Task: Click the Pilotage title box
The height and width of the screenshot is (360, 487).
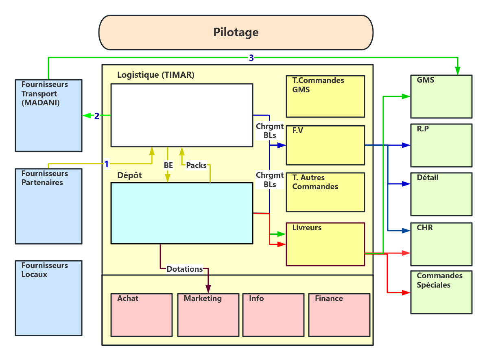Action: point(236,33)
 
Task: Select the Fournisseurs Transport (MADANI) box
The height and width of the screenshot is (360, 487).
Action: point(48,116)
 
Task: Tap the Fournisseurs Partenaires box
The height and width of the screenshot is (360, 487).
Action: point(48,206)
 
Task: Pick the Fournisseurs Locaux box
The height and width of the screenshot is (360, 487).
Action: point(48,298)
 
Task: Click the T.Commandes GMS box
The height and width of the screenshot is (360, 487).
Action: point(325,96)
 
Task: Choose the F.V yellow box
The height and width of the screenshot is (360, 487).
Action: point(325,145)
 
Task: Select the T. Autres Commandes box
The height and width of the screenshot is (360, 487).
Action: point(325,192)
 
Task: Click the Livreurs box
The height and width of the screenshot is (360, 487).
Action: point(325,244)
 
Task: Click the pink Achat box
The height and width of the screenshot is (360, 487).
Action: point(142,315)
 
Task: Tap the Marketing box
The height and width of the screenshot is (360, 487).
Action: point(208,315)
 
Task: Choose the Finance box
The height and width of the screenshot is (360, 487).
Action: point(339,315)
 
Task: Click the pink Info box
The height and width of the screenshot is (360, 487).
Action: point(273,315)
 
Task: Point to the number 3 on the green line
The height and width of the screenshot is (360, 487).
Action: point(251,58)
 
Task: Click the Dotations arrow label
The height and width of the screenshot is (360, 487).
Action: point(185,269)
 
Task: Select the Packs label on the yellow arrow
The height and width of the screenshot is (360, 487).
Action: point(197,165)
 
